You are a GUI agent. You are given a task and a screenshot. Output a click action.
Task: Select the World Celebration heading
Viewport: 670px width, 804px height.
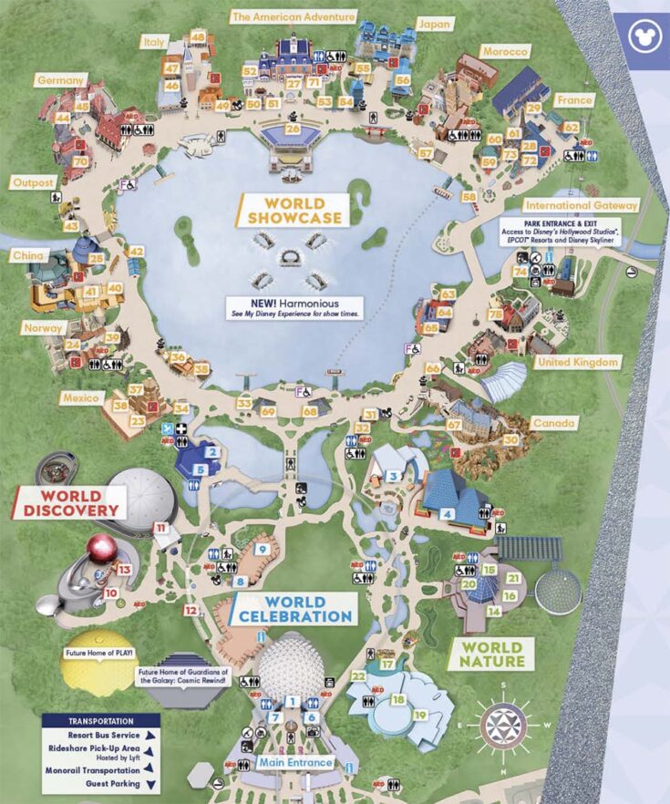(x=294, y=609)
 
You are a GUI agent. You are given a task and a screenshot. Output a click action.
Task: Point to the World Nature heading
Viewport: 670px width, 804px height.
(x=491, y=654)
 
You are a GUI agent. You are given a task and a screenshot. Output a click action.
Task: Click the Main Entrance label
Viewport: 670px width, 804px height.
(x=294, y=762)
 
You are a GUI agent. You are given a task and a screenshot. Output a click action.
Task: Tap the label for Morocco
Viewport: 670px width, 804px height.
(x=505, y=52)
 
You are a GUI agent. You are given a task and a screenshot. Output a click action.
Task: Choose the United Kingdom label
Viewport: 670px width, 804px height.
(x=578, y=362)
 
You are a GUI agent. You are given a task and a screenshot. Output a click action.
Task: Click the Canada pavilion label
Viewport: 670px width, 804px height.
(x=555, y=423)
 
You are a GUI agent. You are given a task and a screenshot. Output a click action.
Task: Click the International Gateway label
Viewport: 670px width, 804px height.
(x=581, y=206)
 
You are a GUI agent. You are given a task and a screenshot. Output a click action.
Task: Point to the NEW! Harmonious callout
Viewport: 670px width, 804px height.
(x=294, y=307)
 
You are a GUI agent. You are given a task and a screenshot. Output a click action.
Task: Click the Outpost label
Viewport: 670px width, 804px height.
(x=32, y=182)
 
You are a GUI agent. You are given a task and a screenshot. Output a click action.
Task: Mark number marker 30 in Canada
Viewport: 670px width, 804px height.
(x=511, y=439)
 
